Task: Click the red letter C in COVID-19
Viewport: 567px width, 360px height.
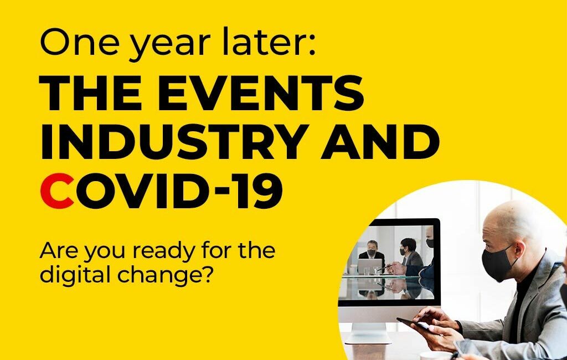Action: click(58, 192)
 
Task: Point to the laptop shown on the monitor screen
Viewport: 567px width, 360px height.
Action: click(369, 266)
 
